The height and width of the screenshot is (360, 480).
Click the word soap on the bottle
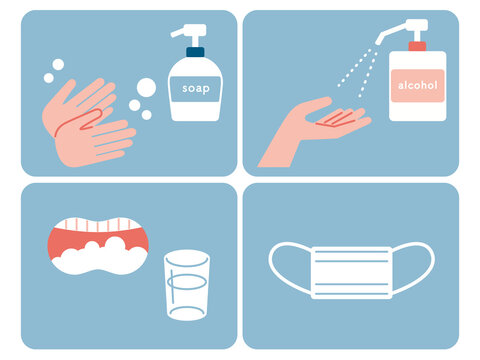196,89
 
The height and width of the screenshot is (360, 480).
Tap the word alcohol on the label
418,85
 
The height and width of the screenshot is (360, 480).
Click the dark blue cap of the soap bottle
195,52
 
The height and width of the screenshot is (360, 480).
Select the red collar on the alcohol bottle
417,46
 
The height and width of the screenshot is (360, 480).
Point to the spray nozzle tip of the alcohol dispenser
379,41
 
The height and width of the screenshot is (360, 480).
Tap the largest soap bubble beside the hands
146,87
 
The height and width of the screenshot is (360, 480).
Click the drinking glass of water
187,285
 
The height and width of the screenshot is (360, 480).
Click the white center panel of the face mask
352,273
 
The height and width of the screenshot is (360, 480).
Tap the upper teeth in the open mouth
98,224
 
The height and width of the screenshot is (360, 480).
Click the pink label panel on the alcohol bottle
418,86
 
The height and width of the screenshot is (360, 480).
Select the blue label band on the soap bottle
195,89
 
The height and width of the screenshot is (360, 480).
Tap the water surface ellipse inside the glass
187,282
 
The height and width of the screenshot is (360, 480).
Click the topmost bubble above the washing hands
58,65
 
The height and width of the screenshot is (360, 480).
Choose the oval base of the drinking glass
186,313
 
